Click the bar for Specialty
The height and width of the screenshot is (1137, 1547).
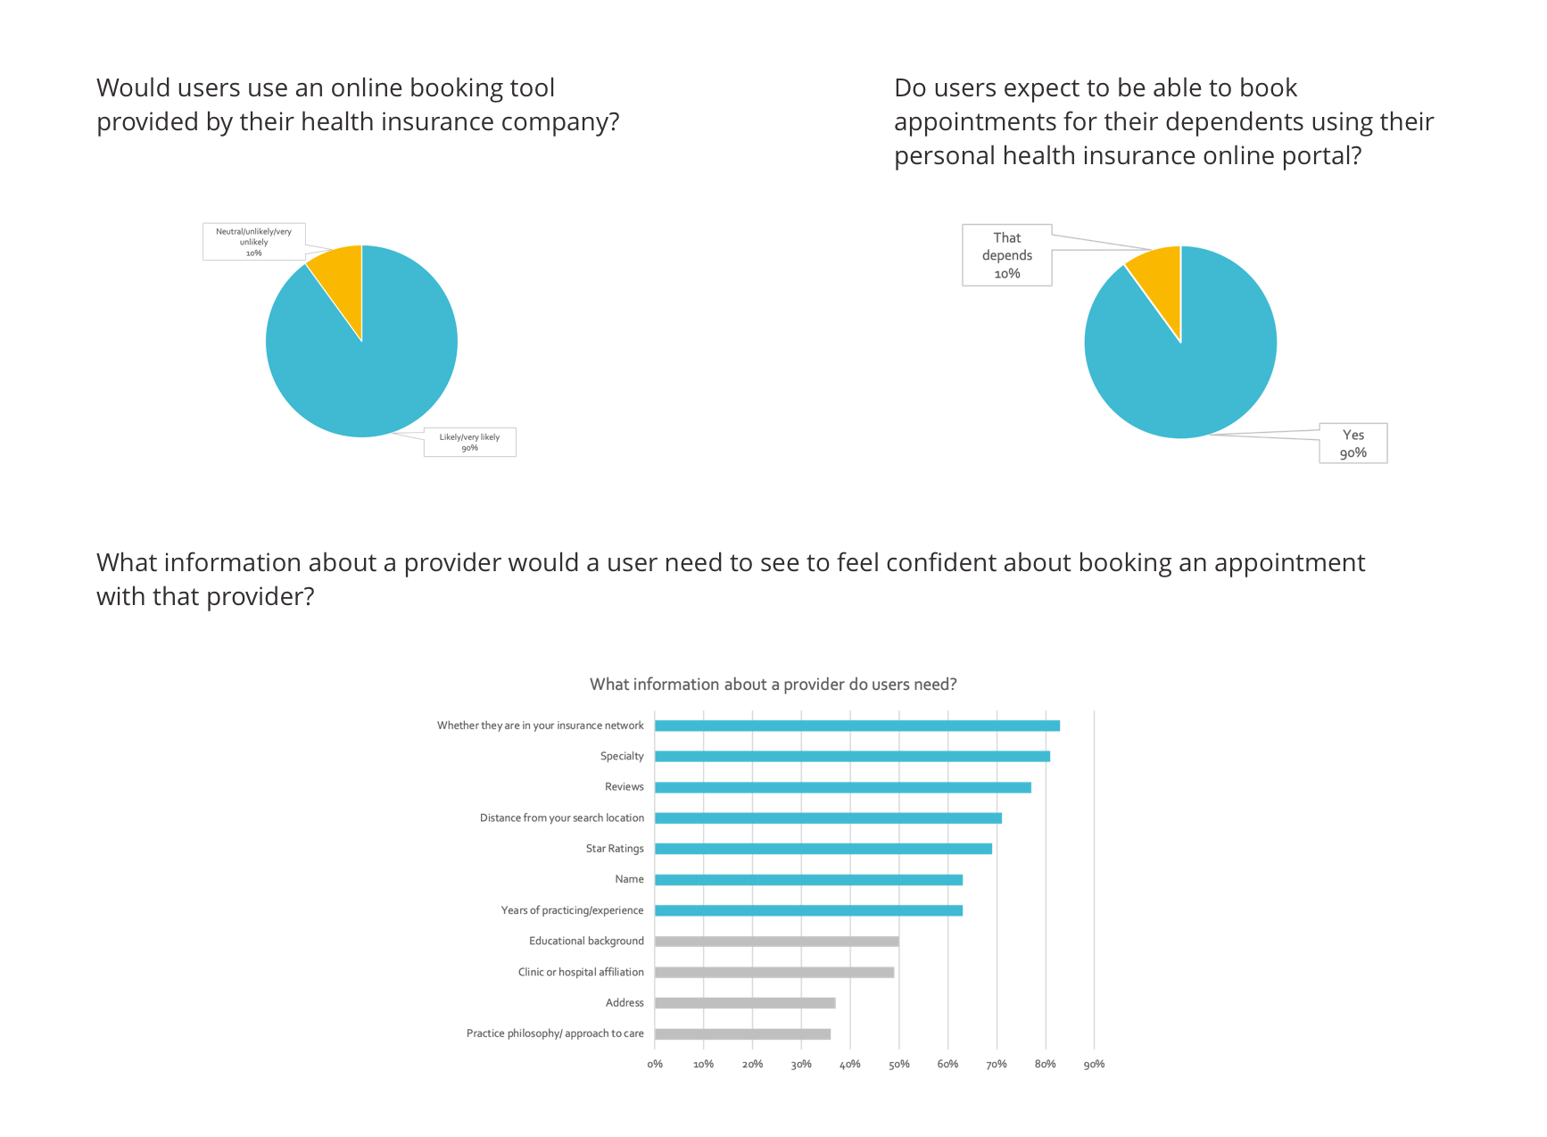point(852,756)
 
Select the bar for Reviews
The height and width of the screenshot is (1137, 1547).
point(843,787)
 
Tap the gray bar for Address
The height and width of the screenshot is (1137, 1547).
point(745,1003)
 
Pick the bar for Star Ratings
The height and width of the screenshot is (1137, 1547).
point(823,849)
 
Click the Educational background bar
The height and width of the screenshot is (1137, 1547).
point(777,942)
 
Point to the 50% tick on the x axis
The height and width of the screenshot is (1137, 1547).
point(899,1064)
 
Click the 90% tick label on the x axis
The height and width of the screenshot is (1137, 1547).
point(1094,1064)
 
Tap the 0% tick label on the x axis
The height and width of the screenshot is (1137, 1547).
point(655,1064)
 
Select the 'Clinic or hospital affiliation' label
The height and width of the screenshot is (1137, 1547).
point(581,972)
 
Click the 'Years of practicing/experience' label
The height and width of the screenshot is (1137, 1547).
point(572,910)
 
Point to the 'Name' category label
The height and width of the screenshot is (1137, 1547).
point(629,879)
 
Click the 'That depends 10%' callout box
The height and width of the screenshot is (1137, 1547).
point(1007,255)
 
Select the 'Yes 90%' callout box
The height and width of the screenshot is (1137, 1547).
point(1353,444)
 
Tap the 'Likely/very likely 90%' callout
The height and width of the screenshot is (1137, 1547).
point(469,443)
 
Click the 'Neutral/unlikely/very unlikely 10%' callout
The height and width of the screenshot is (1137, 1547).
point(253,242)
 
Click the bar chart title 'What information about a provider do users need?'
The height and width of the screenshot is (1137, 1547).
point(773,685)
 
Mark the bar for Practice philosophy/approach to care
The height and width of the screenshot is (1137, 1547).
point(742,1034)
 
